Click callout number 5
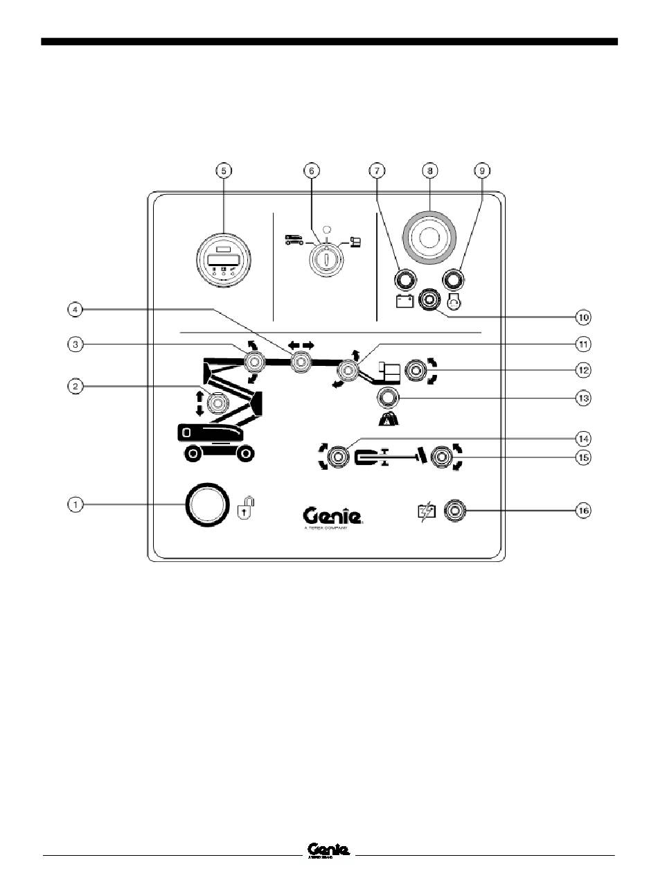pyautogui.click(x=222, y=170)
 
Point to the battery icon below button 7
pyautogui.click(x=404, y=301)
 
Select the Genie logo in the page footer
pyautogui.click(x=328, y=850)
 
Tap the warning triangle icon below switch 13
pyautogui.click(x=386, y=418)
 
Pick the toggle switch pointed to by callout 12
pyautogui.click(x=416, y=371)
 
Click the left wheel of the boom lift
pyautogui.click(x=193, y=454)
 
